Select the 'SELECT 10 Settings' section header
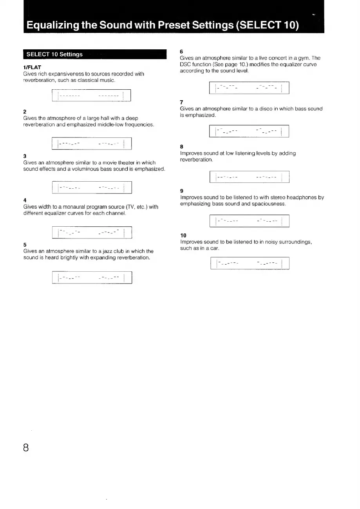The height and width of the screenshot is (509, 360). [x=54, y=54]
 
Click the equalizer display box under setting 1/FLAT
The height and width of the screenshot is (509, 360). [x=91, y=96]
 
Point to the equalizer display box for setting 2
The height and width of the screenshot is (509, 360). [x=91, y=144]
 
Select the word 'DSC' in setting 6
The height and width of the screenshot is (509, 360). [x=185, y=64]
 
